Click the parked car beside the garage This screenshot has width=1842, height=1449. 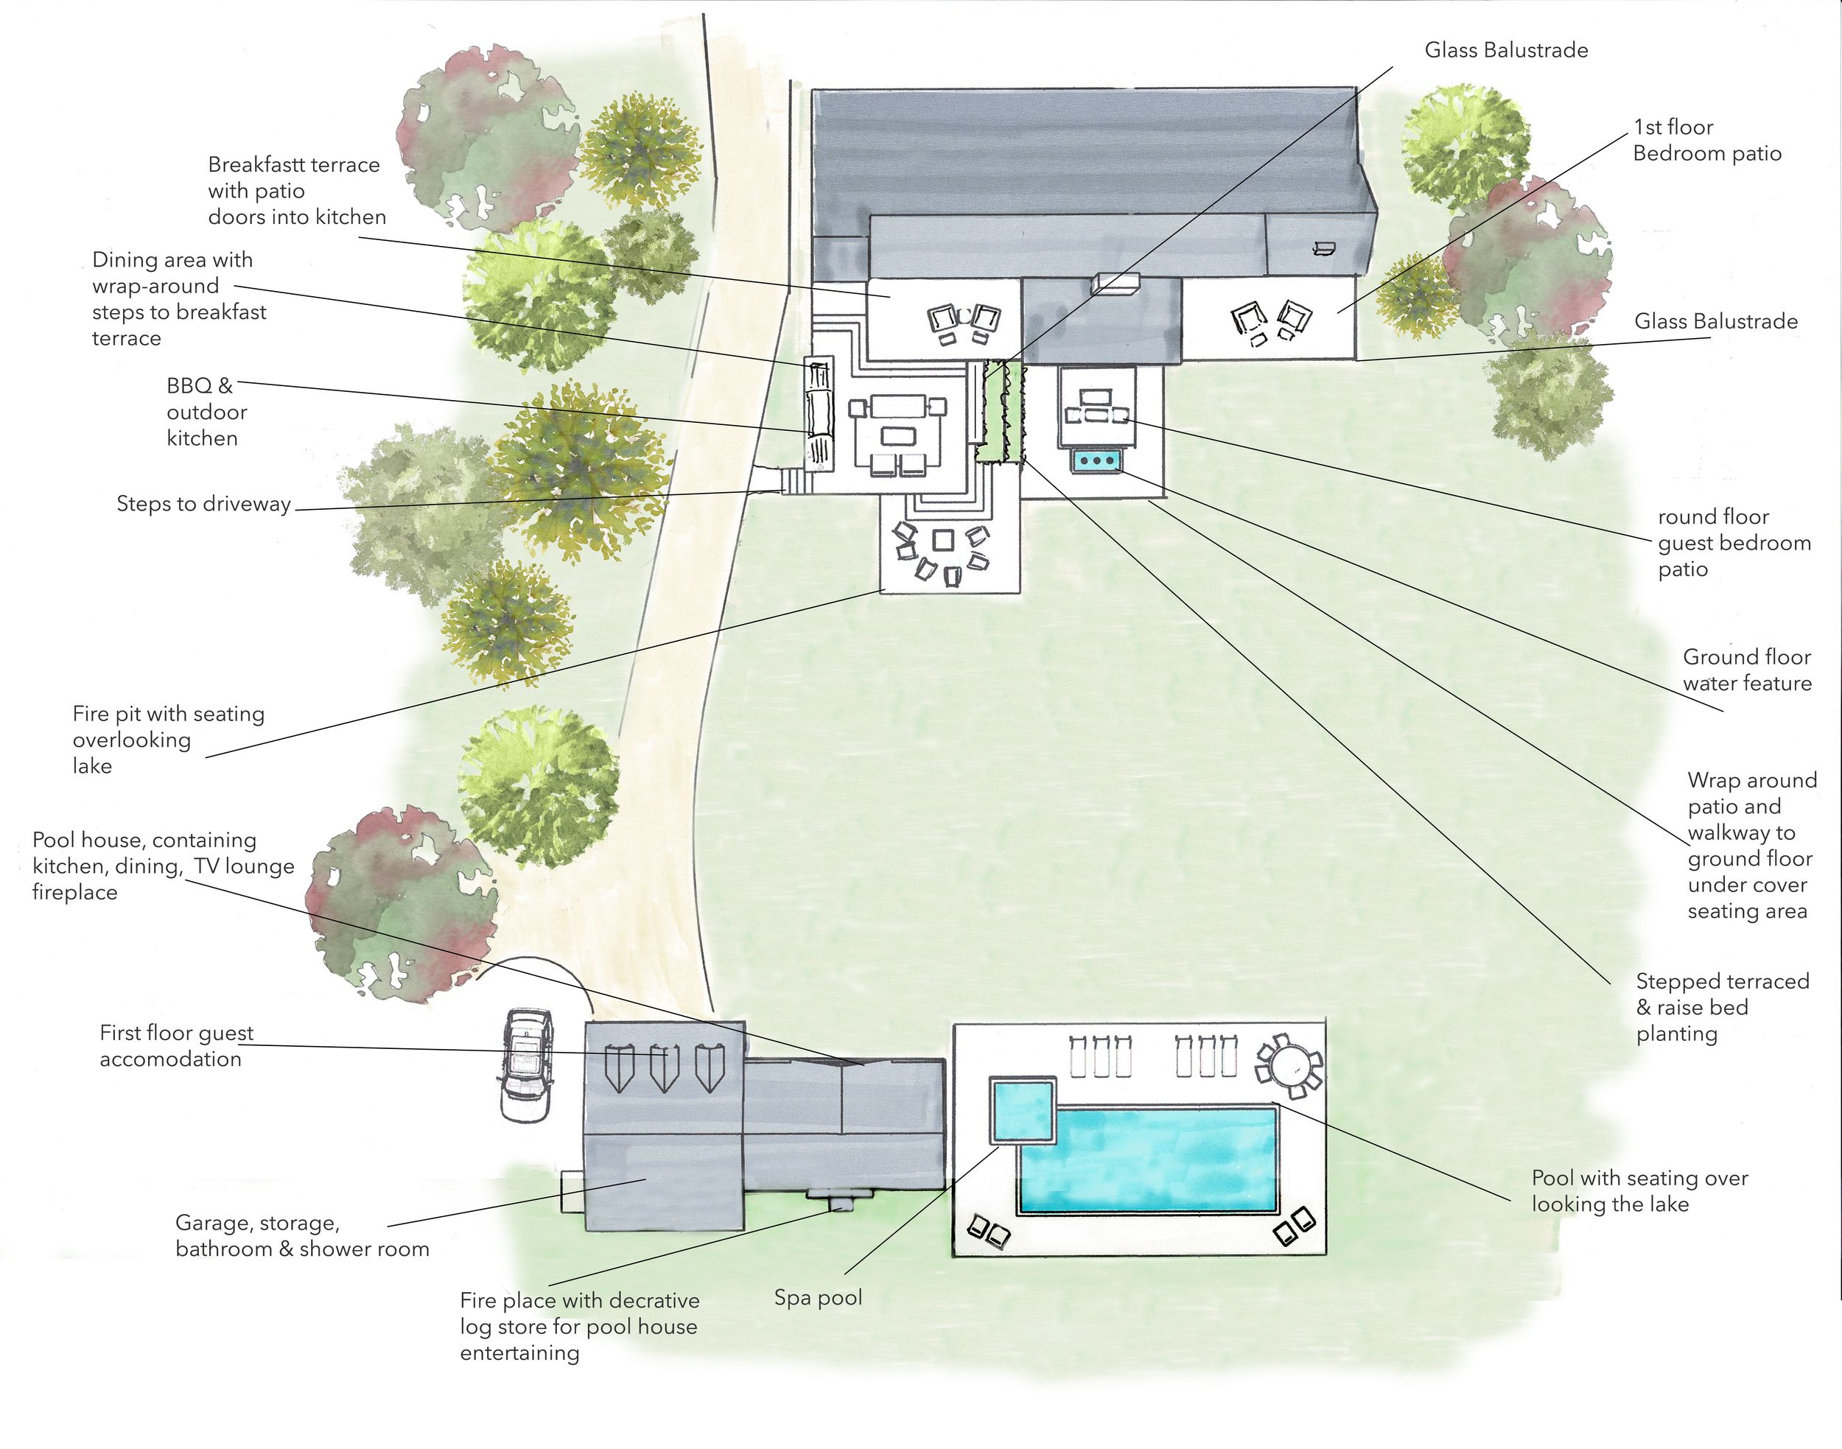coord(526,1065)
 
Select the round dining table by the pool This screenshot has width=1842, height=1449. coord(1289,1062)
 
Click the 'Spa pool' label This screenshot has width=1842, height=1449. coord(818,1298)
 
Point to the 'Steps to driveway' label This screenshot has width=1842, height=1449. coord(203,504)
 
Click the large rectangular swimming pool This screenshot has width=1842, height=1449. coord(1147,1157)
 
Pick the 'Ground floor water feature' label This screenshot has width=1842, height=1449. coord(1747,670)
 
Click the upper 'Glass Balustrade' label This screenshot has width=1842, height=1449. coord(1506,50)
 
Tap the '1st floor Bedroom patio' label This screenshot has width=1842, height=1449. coord(1706,140)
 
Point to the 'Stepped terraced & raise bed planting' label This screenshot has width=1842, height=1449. coord(1723,1008)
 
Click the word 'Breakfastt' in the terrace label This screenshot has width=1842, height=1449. coord(263,164)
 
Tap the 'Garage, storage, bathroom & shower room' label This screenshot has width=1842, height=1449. coord(302,1236)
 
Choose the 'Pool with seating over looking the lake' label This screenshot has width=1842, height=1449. coord(1640,1191)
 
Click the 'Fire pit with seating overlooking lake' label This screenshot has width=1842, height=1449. coord(168,740)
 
